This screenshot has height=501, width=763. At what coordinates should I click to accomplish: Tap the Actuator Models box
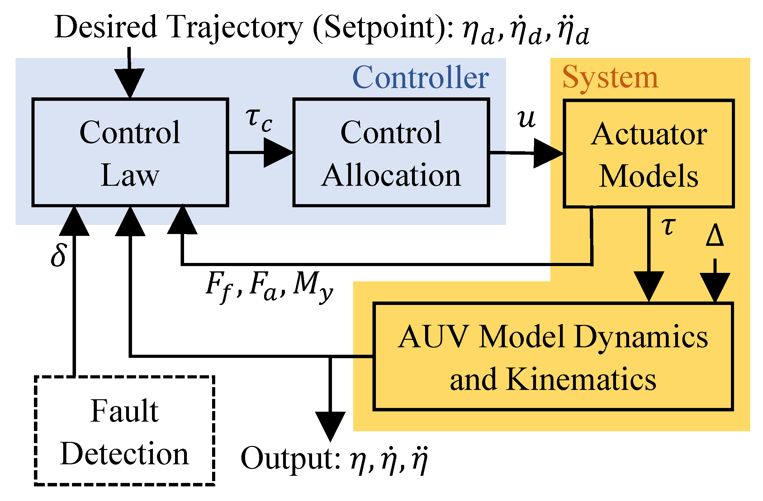click(648, 154)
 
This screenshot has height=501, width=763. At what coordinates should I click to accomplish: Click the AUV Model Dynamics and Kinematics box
click(553, 356)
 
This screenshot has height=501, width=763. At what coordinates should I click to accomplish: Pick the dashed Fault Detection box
click(124, 431)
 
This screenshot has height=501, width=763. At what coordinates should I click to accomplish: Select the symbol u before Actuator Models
click(526, 119)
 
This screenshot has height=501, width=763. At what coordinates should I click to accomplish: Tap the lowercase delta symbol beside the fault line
click(59, 255)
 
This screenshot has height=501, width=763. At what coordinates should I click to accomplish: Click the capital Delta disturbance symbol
click(715, 236)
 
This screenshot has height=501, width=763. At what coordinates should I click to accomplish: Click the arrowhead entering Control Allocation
click(277, 153)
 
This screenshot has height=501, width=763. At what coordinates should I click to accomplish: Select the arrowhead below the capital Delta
click(715, 286)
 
